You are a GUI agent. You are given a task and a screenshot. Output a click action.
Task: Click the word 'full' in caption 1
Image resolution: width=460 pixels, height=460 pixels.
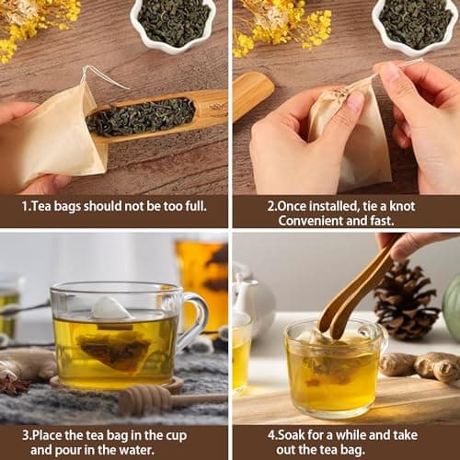pos(195,206)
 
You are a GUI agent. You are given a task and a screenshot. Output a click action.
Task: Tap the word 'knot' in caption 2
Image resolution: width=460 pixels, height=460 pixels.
pos(402,206)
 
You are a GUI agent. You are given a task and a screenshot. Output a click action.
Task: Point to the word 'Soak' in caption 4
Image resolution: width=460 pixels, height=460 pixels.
pos(291,435)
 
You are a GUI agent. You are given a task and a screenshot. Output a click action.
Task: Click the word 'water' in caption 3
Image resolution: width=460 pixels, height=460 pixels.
pos(136,450)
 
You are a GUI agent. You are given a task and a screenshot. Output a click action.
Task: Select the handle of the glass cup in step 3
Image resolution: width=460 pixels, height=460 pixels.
pos(192,319)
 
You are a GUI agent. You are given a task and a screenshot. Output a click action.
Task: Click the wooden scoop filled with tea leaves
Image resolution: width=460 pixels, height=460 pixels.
pos(156,116)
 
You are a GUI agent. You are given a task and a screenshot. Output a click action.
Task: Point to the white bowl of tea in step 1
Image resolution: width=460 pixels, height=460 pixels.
pos(174,25)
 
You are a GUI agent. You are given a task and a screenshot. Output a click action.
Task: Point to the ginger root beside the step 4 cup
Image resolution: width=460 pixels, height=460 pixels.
pos(420,365)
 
